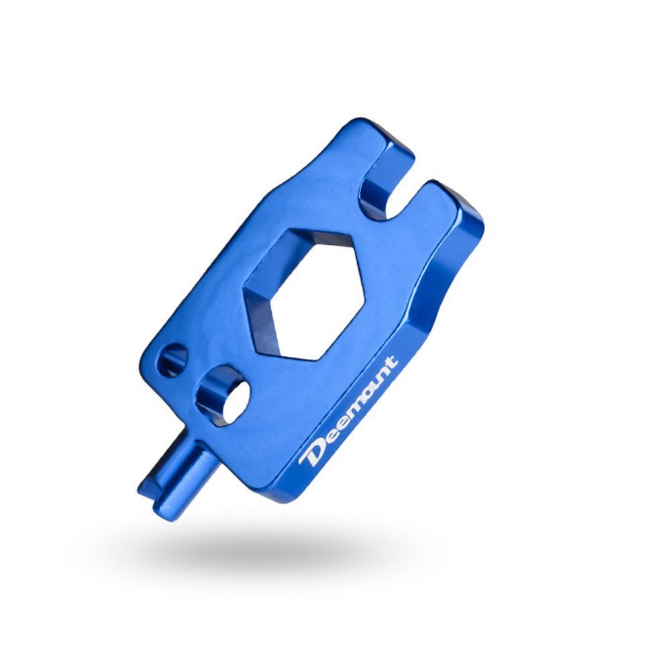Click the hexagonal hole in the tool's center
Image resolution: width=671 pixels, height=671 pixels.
pos(304,293)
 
